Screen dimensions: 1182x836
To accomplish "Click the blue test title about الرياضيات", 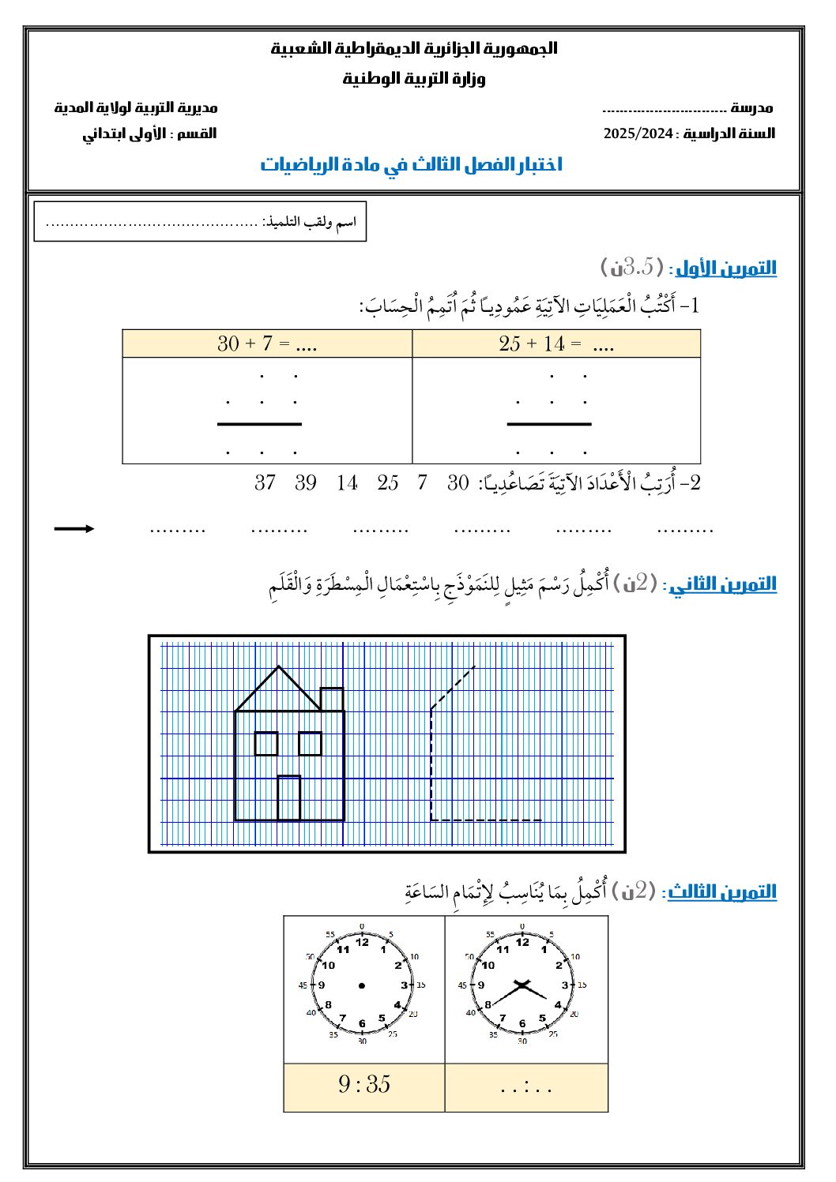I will (x=412, y=164).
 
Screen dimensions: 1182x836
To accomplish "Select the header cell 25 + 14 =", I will (x=556, y=343).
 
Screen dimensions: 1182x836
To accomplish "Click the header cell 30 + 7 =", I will (x=267, y=343).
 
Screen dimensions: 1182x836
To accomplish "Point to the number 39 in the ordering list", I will (x=306, y=482).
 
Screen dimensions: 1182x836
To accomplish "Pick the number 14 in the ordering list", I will (x=347, y=482).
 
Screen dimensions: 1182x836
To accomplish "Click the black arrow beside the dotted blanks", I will (x=74, y=528).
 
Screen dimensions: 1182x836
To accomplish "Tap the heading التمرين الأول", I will (x=726, y=268).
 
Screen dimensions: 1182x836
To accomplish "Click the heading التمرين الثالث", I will (x=722, y=892).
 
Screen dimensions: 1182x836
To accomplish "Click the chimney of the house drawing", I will (x=332, y=700).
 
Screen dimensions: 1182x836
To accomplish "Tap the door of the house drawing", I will (x=289, y=798).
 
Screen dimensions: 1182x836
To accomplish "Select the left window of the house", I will (x=266, y=744).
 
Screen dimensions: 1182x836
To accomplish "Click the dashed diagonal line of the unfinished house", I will (x=453, y=688).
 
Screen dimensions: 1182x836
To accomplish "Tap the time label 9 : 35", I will (x=364, y=1085).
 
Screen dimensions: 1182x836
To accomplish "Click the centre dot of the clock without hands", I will (x=362, y=985).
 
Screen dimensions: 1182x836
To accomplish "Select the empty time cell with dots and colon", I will (x=526, y=1087).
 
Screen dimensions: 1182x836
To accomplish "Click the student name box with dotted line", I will (x=201, y=222).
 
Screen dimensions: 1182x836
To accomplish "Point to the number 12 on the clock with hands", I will (x=522, y=941).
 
